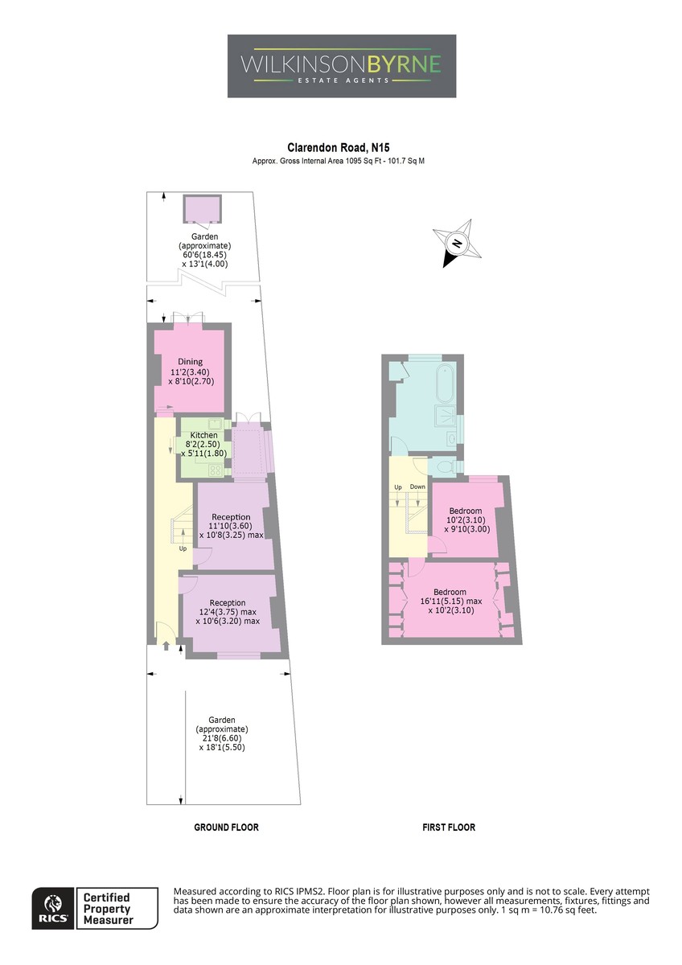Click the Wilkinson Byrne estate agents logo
click(x=341, y=66)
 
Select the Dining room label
click(x=190, y=362)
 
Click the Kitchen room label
click(x=203, y=435)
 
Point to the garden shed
click(x=202, y=209)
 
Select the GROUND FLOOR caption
click(x=226, y=827)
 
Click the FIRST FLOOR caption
click(x=449, y=827)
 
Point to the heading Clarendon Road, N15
click(x=339, y=148)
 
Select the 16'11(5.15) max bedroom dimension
click(x=450, y=601)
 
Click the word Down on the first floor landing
click(x=417, y=487)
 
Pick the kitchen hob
click(x=215, y=469)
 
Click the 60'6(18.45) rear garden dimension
click(x=204, y=255)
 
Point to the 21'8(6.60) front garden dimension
click(x=222, y=738)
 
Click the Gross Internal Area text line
click(x=339, y=161)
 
